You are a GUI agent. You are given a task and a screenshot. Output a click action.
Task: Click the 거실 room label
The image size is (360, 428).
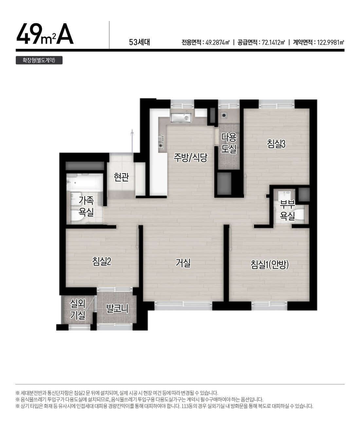coord(183,263)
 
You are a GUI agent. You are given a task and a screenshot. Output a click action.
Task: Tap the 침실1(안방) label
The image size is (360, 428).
coord(269,264)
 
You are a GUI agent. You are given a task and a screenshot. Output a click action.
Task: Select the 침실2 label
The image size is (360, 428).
coord(102,261)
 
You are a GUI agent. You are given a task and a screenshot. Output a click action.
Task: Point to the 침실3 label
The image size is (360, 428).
coord(276,144)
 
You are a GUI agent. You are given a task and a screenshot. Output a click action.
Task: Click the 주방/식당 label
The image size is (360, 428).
coord(190,158)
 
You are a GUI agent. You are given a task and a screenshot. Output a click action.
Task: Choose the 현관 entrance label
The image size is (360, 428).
coord(121,177)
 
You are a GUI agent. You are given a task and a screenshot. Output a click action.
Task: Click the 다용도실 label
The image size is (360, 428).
coord(229,143)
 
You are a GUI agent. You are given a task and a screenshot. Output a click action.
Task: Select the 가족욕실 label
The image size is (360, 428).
coord(86,206)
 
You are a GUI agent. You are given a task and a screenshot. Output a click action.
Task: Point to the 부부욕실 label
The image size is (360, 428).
coord(287,210)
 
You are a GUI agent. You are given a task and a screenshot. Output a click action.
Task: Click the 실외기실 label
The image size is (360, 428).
coord(78,309)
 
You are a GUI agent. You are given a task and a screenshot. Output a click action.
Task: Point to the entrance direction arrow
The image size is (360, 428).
coord(132,141)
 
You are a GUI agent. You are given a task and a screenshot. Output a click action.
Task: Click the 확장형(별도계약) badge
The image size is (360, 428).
coord(39,60)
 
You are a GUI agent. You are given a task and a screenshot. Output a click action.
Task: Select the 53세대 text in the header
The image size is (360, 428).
coord(139,42)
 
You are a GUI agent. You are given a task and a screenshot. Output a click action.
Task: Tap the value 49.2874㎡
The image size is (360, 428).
coord(217,43)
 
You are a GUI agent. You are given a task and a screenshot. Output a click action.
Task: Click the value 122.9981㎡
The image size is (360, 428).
coord(331,43)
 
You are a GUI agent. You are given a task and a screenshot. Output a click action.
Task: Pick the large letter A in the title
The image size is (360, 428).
coord(65,34)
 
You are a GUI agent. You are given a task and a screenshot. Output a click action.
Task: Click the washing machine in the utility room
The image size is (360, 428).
coord(224,115)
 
